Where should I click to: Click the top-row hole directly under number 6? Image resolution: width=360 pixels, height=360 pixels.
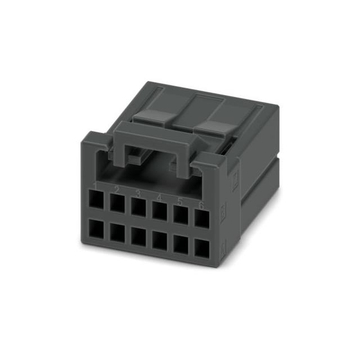201,217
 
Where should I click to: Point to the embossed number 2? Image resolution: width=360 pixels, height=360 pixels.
116,190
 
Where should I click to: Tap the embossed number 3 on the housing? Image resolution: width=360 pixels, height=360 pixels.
138,193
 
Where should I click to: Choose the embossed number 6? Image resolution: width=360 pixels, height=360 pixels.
201,205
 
